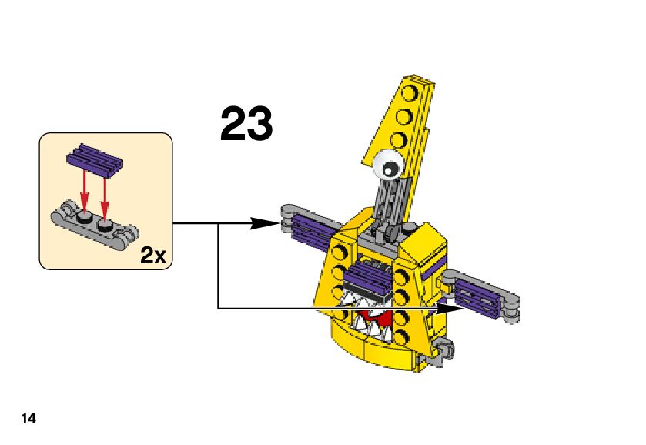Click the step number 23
pyautogui.click(x=246, y=125)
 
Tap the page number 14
pyautogui.click(x=28, y=419)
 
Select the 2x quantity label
pyautogui.click(x=154, y=256)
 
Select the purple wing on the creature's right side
pyautogui.click(x=480, y=296)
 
